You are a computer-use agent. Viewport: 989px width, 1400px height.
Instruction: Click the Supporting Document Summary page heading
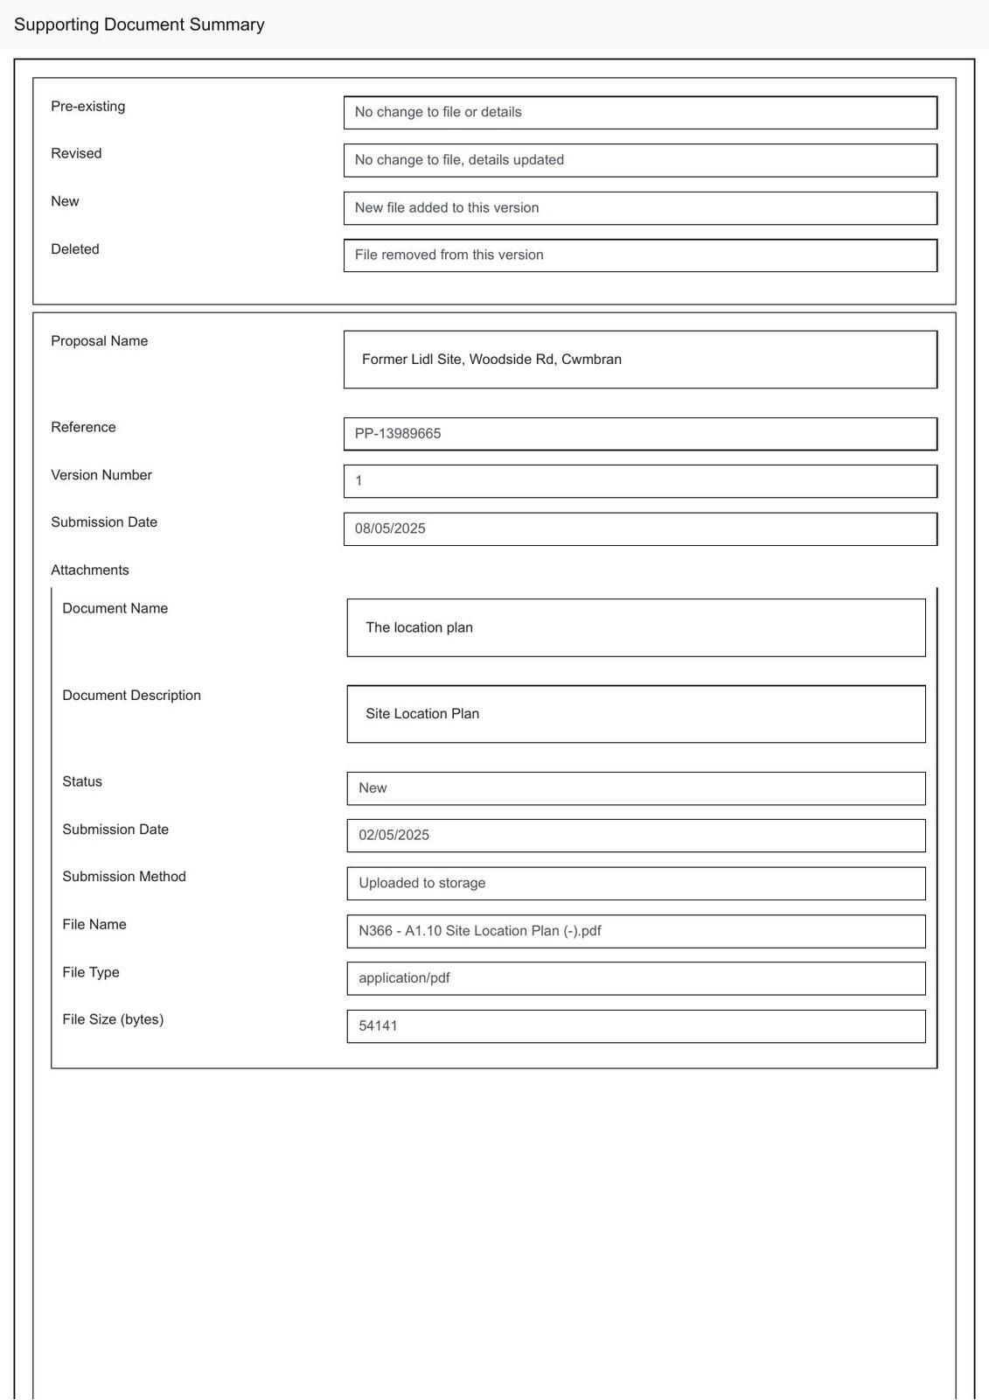coord(139,24)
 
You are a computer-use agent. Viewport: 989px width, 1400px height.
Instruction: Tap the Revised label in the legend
coord(76,154)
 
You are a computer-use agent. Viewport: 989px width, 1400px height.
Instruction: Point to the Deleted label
coord(75,249)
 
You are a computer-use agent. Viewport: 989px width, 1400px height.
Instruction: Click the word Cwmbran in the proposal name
coord(591,360)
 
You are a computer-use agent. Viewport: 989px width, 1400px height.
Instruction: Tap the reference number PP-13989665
coord(398,434)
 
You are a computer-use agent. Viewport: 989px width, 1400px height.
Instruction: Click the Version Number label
coord(101,475)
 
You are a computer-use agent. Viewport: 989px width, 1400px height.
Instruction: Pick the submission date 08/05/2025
coord(390,528)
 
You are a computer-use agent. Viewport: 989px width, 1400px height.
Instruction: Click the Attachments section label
coord(90,570)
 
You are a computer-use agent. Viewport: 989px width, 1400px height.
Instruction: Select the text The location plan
coord(419,627)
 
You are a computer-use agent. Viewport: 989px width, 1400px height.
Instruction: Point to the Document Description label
coord(131,696)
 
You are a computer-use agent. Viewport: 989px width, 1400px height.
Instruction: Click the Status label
coord(82,781)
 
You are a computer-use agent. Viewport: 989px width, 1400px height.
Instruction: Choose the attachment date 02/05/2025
coord(394,836)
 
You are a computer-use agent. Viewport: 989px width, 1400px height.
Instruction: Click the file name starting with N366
coord(479,931)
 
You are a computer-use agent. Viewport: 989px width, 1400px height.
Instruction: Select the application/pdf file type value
coord(404,978)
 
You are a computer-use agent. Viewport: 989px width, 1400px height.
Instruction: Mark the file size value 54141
coord(378,1025)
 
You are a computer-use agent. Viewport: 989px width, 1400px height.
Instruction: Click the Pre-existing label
coord(87,107)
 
